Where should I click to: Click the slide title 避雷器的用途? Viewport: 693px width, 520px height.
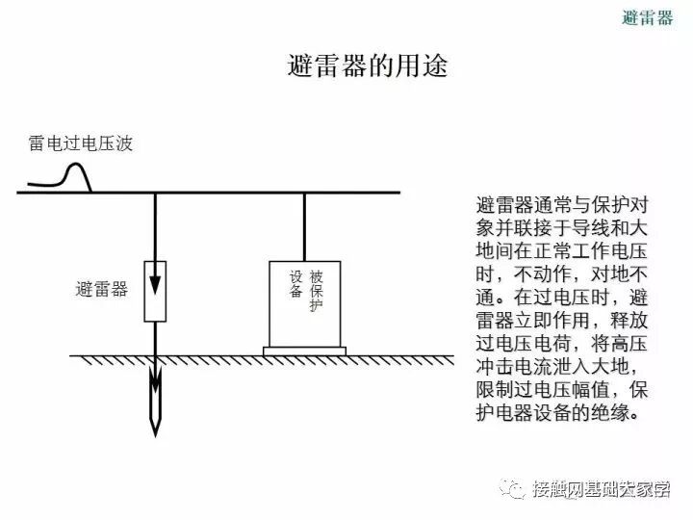click(x=368, y=66)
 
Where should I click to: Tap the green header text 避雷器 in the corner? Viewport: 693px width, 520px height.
click(x=647, y=16)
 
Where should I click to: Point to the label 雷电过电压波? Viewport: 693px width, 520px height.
click(x=80, y=144)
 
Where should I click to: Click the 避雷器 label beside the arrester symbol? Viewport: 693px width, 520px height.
click(x=101, y=289)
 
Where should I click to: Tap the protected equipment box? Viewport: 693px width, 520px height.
click(x=304, y=302)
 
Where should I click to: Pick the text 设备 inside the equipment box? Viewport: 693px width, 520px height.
click(x=295, y=284)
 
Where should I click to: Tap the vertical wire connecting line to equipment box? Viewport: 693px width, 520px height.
click(x=305, y=226)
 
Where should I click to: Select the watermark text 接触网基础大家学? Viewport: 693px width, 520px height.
click(x=601, y=489)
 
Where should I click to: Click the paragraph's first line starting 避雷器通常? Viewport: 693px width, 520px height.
click(x=561, y=205)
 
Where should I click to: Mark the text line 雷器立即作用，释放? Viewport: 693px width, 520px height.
click(x=561, y=321)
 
